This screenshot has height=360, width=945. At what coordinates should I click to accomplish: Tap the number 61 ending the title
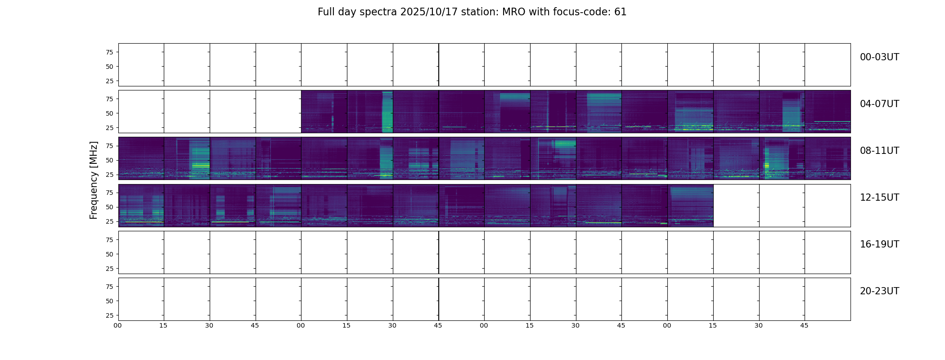[620, 12]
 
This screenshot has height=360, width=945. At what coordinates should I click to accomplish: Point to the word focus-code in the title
[580, 12]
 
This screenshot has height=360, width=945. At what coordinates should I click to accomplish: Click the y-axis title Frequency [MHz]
[94, 180]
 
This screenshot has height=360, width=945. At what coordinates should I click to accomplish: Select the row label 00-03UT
[879, 57]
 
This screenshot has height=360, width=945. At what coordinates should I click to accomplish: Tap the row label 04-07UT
[879, 104]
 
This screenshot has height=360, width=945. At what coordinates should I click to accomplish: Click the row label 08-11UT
[879, 151]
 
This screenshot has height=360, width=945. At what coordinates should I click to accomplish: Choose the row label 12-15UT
[879, 198]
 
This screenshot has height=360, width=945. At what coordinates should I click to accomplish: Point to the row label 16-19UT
[879, 244]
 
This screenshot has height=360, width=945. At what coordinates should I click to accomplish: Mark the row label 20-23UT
[879, 291]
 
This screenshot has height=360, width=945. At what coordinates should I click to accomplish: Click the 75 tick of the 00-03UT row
[109, 52]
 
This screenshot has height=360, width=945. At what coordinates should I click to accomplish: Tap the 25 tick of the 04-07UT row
[109, 128]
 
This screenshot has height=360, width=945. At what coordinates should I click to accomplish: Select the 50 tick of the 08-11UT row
[109, 160]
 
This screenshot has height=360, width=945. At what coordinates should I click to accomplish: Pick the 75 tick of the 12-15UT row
[109, 193]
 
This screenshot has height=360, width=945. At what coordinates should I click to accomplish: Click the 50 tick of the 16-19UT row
[109, 254]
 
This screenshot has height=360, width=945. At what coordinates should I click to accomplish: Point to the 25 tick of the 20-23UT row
[109, 315]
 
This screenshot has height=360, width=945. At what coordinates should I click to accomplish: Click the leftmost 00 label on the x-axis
[117, 325]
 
